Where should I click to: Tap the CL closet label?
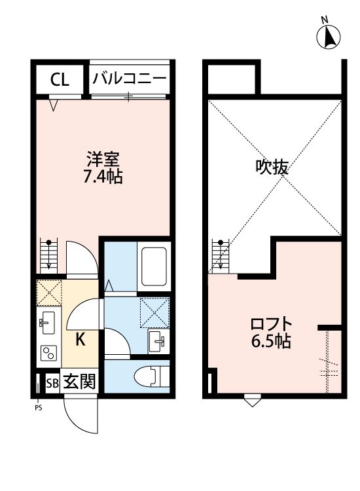point(60,81)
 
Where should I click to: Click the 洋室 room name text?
point(103,159)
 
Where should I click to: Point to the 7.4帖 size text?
point(103,176)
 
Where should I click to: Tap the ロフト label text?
point(270,323)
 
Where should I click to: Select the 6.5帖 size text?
point(270,341)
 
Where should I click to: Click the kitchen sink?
point(47,321)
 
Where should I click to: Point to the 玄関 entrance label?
point(80,382)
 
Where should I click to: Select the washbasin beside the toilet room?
point(156,340)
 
